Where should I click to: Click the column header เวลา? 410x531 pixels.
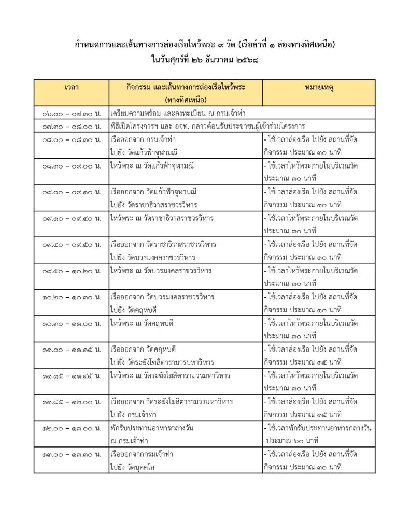(x=72, y=87)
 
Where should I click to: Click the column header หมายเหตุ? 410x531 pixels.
(x=319, y=87)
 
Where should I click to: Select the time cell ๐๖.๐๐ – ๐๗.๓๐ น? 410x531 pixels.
(x=72, y=113)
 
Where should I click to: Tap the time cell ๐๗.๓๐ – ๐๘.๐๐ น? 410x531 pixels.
(x=72, y=126)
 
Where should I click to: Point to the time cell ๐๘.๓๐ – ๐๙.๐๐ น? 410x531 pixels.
(x=72, y=165)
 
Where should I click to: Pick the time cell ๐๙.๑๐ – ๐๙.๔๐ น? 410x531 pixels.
(x=72, y=218)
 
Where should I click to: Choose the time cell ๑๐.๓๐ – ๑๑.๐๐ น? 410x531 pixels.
(x=72, y=323)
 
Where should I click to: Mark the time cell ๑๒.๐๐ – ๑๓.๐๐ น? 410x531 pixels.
(x=72, y=428)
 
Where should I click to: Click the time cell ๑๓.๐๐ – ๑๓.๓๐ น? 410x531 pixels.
(x=72, y=454)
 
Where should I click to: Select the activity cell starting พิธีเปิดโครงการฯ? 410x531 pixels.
(x=207, y=126)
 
